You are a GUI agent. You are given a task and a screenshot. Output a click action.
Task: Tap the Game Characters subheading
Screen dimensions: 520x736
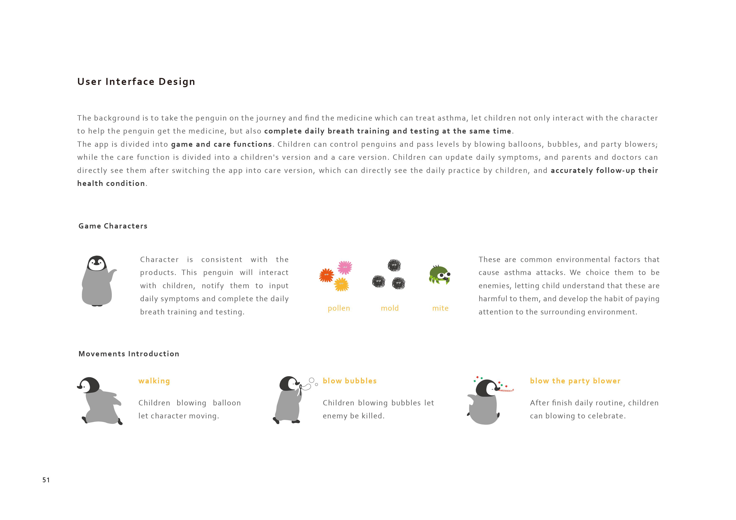coord(113,226)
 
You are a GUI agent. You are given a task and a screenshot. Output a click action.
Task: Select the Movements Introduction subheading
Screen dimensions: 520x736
coord(129,354)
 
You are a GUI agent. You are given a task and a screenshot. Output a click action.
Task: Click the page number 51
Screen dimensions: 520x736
coord(46,480)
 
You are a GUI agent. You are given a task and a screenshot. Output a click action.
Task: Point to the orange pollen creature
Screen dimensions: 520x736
coord(326,275)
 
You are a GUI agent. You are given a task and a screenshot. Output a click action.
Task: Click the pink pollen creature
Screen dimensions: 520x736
coord(345,267)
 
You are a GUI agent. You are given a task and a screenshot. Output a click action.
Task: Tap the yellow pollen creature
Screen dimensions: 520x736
coord(341,284)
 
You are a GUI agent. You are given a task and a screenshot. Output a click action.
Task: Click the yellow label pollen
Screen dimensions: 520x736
coord(339,308)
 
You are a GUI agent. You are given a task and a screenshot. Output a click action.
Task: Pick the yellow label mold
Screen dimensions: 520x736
coord(389,308)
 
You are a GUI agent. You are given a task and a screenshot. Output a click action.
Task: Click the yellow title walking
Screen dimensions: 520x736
coord(154,381)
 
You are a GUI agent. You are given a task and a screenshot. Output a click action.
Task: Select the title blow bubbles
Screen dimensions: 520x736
coord(349,381)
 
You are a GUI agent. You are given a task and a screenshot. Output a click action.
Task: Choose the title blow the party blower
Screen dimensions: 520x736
coord(575,381)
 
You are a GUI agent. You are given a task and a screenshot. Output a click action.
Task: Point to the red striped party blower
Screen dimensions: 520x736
coord(507,390)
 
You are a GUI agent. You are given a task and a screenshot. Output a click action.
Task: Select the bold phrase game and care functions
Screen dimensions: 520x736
coord(221,144)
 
